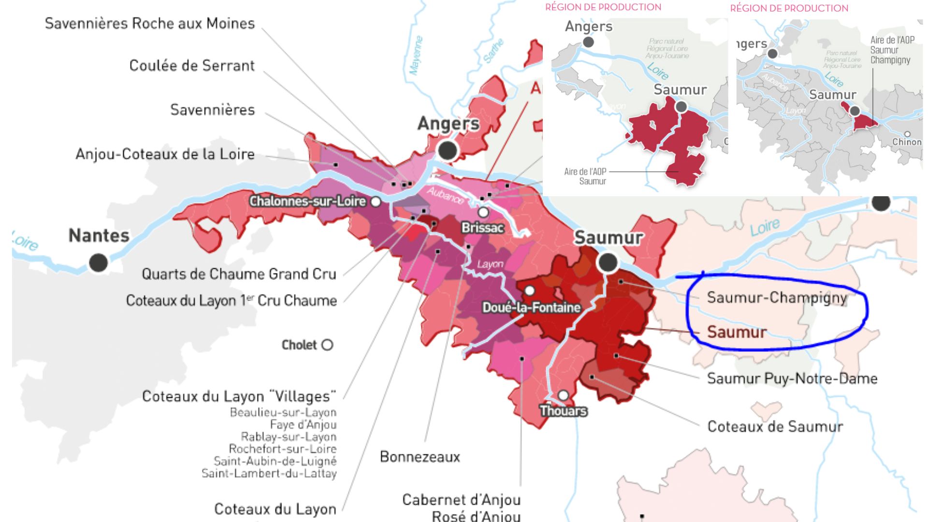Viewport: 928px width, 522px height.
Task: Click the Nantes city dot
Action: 98,262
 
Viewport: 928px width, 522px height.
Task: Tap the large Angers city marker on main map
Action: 448,150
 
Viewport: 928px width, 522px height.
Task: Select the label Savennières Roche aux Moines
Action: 149,23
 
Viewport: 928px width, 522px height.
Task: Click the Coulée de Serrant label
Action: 191,65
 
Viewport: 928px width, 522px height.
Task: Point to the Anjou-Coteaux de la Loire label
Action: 165,154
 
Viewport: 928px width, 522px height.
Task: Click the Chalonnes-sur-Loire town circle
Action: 376,202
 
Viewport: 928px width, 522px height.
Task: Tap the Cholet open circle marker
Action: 327,345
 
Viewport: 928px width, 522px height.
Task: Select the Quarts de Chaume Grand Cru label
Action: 239,274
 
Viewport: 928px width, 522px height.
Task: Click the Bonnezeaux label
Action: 420,457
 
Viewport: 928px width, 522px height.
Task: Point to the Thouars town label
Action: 563,411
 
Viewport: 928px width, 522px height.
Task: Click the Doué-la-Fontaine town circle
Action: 530,290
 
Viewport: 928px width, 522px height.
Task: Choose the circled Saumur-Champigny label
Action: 777,297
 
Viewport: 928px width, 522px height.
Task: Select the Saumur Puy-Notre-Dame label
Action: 792,378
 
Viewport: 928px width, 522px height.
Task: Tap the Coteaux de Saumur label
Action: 775,426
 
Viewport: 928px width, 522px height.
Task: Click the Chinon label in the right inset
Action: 907,142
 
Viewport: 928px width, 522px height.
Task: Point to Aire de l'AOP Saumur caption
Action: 585,176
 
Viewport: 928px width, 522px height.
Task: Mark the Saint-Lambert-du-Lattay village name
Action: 269,473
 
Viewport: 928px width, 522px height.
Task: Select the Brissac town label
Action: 482,228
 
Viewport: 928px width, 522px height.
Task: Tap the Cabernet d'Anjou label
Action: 461,500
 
